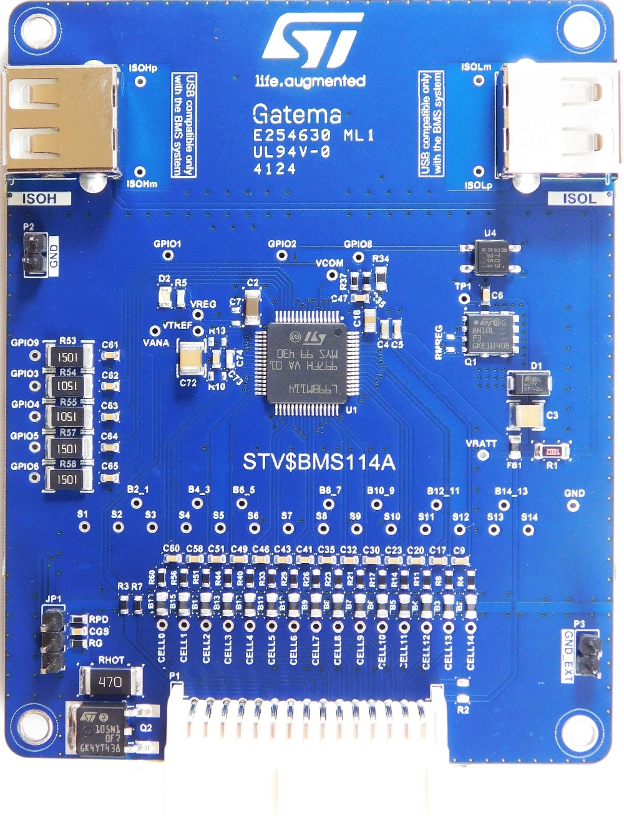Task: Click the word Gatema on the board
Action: [297, 114]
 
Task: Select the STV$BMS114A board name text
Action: [319, 462]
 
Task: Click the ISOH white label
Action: [39, 199]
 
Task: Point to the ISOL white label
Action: [579, 199]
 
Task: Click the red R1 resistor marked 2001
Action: [552, 451]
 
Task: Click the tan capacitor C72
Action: [190, 359]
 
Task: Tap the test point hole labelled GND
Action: [573, 505]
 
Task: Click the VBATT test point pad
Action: [482, 455]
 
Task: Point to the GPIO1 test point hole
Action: [167, 256]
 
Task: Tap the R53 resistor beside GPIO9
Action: [68, 357]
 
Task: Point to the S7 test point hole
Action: [287, 529]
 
